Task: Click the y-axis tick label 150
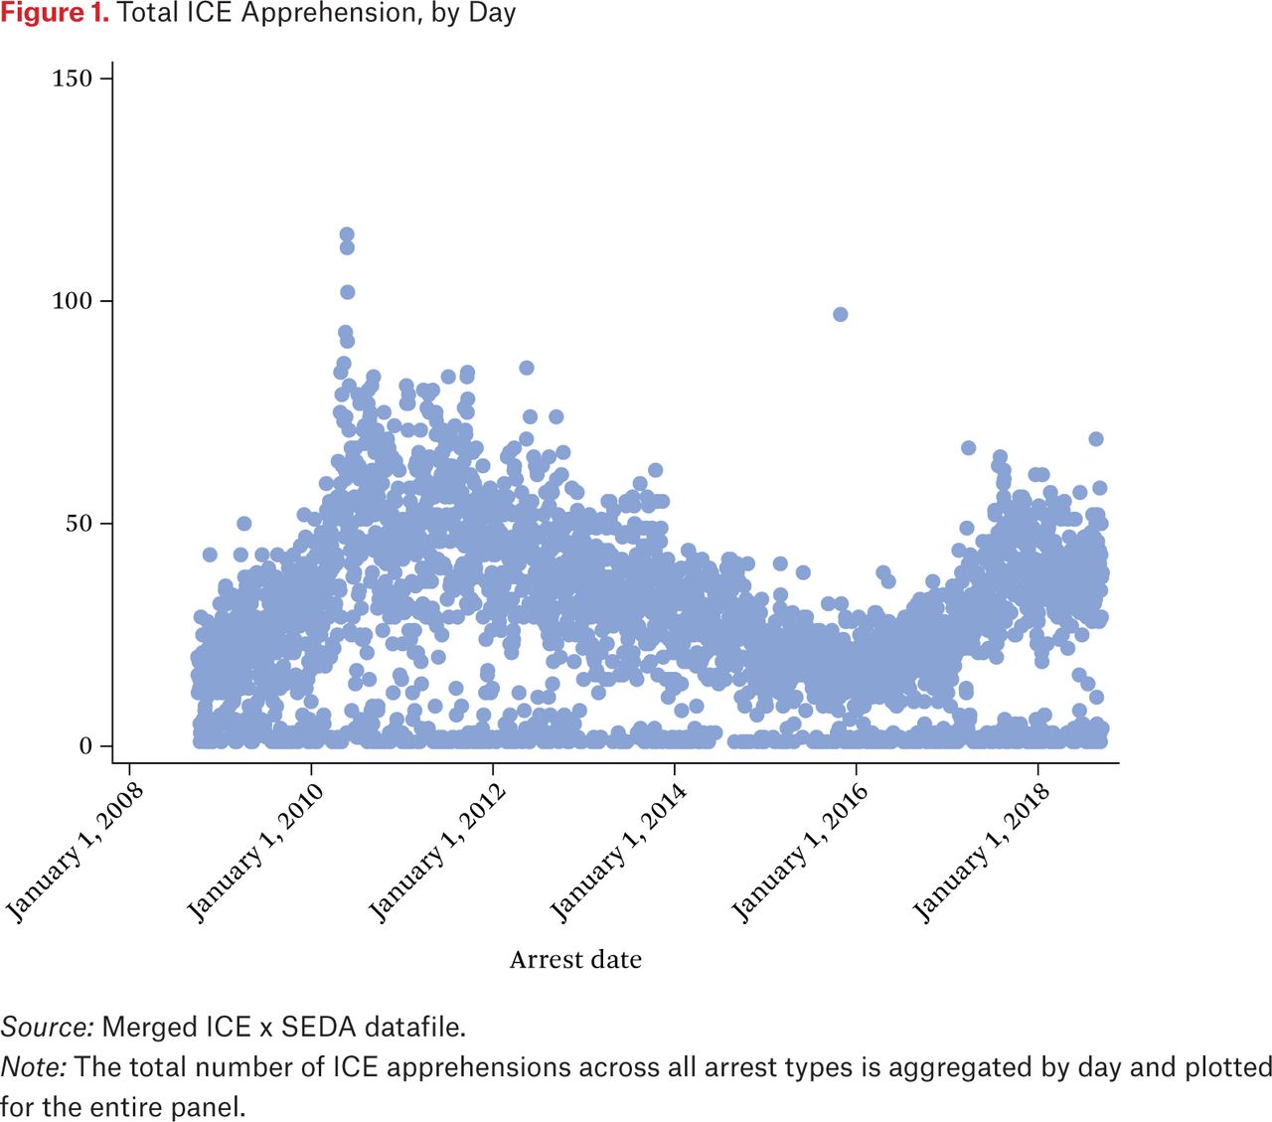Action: (x=72, y=79)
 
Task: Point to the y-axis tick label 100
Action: (x=72, y=301)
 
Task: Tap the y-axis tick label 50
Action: (x=79, y=524)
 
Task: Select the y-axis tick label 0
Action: (x=86, y=746)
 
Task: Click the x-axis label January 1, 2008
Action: (x=76, y=852)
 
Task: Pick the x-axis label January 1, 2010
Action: (x=256, y=852)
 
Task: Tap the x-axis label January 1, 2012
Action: (x=438, y=852)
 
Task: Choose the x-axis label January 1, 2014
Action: (x=619, y=852)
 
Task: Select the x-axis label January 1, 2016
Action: (x=801, y=852)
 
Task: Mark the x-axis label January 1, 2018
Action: (x=983, y=852)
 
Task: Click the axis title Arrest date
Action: (x=575, y=960)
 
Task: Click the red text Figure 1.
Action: (x=55, y=14)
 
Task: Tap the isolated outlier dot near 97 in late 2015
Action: (x=840, y=314)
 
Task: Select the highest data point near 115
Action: (x=347, y=236)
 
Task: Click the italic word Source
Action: (x=46, y=1027)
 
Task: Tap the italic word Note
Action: (x=33, y=1067)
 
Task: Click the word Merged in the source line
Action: (x=142, y=1027)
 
